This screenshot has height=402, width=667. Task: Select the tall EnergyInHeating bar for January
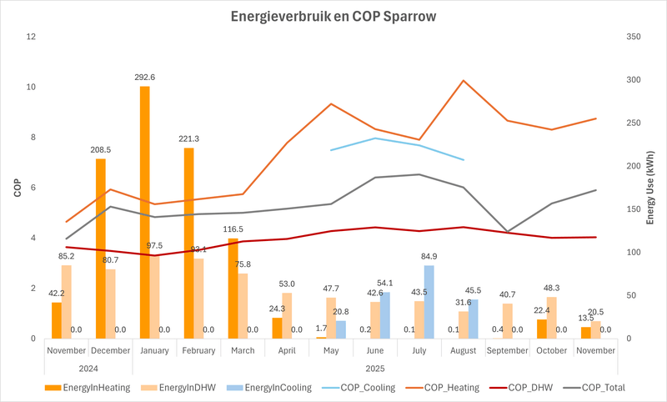(144, 213)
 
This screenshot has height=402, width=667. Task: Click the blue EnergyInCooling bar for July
(429, 302)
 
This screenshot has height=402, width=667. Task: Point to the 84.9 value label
(430, 256)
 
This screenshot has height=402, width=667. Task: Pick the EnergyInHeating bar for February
(188, 244)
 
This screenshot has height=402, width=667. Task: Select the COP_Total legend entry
(594, 387)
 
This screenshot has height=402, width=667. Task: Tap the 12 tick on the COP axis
(32, 37)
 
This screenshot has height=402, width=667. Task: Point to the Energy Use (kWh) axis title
(649, 188)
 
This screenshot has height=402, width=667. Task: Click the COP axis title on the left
(17, 188)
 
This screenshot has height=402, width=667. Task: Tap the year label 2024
(89, 367)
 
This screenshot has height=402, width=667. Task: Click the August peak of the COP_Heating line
(464, 81)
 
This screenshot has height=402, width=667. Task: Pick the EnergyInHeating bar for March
(233, 289)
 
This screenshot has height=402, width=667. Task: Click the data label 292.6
(146, 77)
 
